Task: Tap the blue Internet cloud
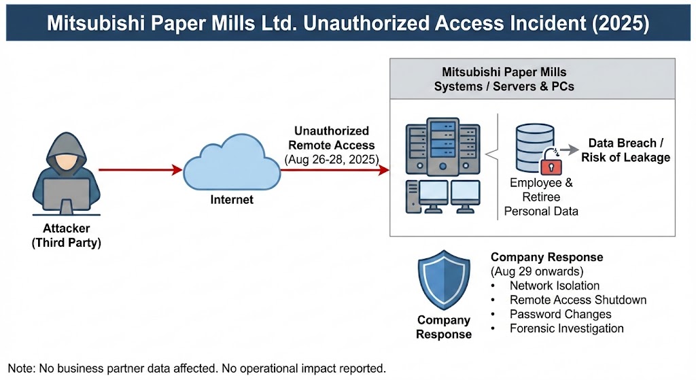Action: pos(231,163)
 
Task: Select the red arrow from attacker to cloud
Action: pos(140,169)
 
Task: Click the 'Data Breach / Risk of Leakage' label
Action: pos(625,150)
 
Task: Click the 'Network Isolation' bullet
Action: pos(555,286)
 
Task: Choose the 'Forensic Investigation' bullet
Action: pos(566,328)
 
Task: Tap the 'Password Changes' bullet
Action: pos(560,314)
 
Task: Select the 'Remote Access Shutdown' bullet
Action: pos(578,300)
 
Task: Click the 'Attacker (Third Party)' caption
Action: pos(67,235)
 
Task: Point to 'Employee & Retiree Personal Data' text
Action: pos(541,197)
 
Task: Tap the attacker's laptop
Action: pos(66,195)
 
